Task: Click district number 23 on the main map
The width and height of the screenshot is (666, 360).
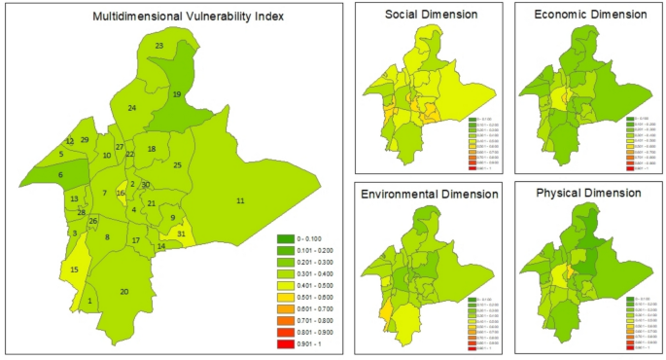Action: [158, 46]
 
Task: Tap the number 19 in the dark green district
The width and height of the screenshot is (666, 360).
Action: [177, 94]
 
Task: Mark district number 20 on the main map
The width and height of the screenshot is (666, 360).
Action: [123, 292]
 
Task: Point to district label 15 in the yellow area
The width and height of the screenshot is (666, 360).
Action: [74, 270]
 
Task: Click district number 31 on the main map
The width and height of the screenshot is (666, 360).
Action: [181, 234]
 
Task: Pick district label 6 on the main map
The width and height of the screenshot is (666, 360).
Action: [60, 175]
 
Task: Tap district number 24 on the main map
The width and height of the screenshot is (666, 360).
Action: [131, 108]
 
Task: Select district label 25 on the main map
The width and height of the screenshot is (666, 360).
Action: [177, 165]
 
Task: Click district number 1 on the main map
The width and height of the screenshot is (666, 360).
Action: [89, 302]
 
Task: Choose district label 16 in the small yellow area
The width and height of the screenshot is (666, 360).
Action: [121, 193]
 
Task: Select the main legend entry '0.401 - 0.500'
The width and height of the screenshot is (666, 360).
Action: [304, 285]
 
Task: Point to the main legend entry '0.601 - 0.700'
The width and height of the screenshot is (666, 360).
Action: [304, 307]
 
